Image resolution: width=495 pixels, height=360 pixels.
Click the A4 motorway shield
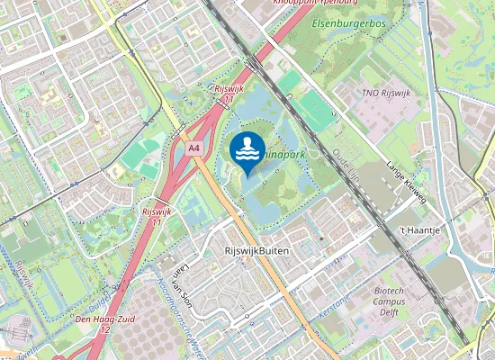point(194,148)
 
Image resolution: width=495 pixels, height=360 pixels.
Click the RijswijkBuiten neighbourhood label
point(256,251)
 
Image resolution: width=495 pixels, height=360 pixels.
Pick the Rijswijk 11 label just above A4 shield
point(223,94)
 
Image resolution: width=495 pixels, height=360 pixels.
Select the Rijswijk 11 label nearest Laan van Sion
point(157,216)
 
